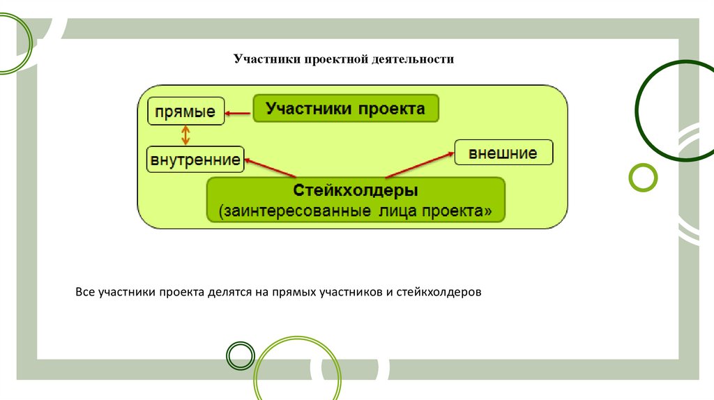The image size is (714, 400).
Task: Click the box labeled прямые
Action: (x=186, y=111)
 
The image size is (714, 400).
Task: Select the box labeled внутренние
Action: (x=195, y=160)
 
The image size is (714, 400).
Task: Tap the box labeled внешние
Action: (x=503, y=153)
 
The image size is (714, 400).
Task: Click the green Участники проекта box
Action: (x=346, y=108)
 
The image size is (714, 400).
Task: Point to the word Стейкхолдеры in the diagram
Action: (x=355, y=190)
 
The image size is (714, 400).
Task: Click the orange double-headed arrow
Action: (x=185, y=135)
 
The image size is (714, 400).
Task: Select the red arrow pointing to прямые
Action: (x=238, y=114)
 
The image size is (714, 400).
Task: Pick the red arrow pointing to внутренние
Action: (x=271, y=167)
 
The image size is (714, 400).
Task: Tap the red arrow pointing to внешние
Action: (x=420, y=164)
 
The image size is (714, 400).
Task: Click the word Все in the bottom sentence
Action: (x=85, y=292)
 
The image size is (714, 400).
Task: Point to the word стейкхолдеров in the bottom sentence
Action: (x=439, y=292)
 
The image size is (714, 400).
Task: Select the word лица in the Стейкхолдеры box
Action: (x=400, y=211)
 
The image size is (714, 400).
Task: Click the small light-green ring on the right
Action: (x=643, y=177)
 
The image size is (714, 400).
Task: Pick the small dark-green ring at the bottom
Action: (x=241, y=355)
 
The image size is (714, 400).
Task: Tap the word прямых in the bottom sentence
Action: (x=294, y=292)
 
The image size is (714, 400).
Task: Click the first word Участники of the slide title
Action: (x=267, y=59)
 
